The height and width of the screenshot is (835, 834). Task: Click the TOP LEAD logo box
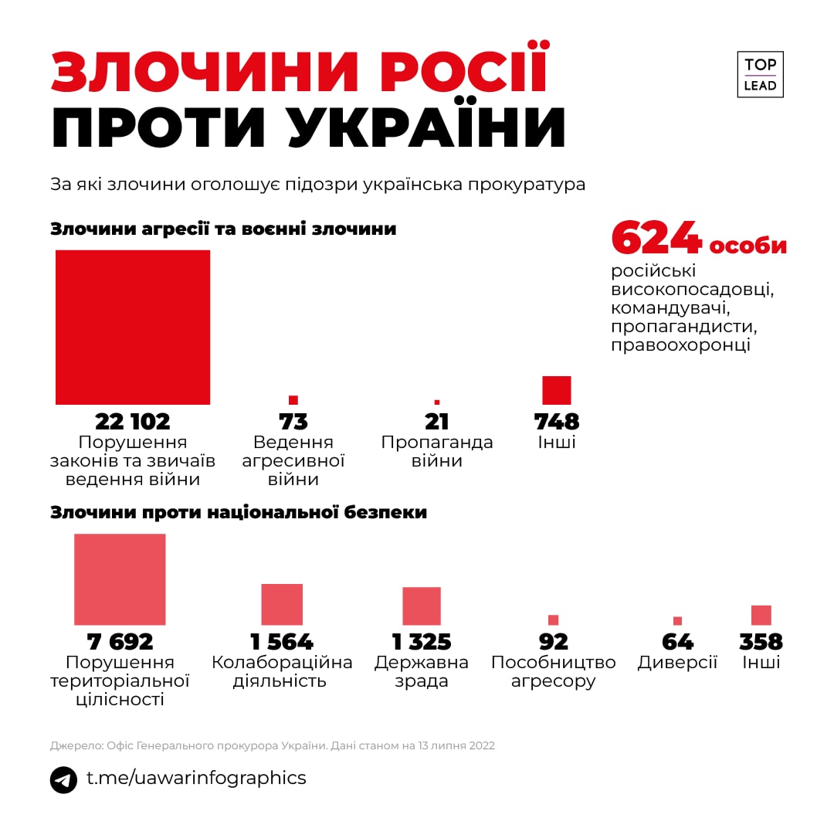click(760, 75)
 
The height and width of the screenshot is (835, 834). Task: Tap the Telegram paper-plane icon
click(64, 779)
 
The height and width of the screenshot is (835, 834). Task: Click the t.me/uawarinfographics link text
click(196, 778)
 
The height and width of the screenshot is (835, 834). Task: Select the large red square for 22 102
click(133, 328)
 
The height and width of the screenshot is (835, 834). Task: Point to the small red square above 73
click(293, 400)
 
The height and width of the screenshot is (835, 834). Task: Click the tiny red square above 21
click(437, 402)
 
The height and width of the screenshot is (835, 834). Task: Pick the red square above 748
click(557, 391)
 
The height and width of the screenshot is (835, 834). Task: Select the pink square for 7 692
click(120, 579)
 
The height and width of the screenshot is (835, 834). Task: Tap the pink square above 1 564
click(282, 604)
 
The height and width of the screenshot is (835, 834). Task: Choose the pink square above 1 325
click(422, 606)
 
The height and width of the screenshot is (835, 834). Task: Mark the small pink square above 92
click(553, 619)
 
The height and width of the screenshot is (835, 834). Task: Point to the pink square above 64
click(678, 620)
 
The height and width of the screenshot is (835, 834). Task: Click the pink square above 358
click(761, 615)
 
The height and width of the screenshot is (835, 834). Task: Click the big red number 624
click(656, 237)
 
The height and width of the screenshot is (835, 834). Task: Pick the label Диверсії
click(677, 663)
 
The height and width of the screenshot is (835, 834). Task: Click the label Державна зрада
click(422, 672)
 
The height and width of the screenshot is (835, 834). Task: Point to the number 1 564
click(282, 642)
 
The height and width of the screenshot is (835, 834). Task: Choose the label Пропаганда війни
click(437, 452)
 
